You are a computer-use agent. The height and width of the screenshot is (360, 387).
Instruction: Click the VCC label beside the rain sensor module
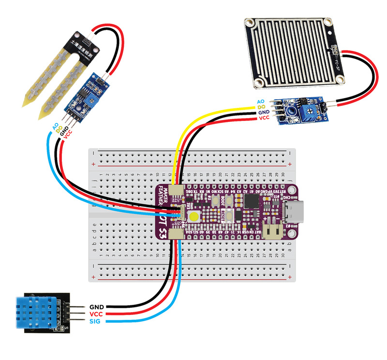[x=264, y=118]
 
